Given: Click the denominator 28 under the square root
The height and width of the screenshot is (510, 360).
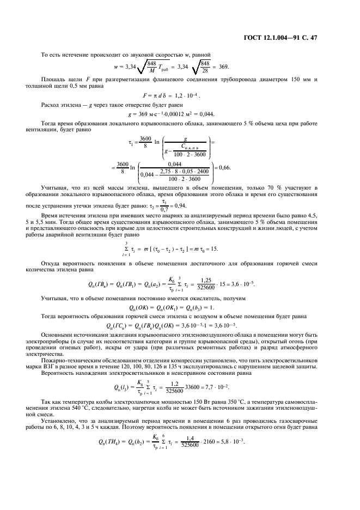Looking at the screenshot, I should [205, 70].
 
